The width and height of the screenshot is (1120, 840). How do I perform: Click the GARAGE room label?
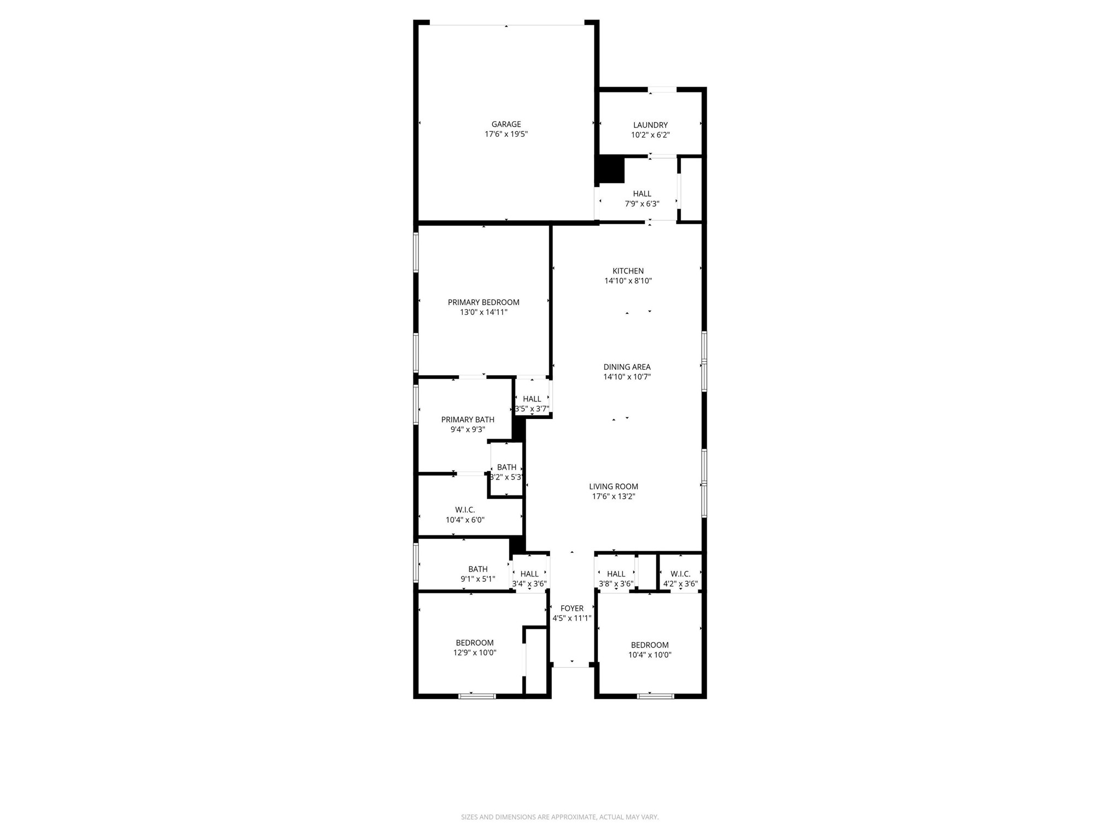point(506,124)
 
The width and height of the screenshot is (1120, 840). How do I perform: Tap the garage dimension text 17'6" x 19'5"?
point(506,134)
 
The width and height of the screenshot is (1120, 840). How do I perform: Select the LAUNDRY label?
point(650,125)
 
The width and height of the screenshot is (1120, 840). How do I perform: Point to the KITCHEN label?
point(628,271)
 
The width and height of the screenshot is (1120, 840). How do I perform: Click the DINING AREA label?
point(627,367)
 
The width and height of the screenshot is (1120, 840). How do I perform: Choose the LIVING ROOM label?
point(614,486)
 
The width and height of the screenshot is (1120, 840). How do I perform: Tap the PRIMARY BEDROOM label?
point(483,302)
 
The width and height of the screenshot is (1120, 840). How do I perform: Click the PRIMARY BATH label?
point(468,419)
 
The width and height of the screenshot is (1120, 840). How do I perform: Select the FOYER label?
point(572,608)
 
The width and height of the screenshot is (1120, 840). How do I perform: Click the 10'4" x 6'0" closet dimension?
point(465,520)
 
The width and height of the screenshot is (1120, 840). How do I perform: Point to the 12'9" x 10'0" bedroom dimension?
point(475,652)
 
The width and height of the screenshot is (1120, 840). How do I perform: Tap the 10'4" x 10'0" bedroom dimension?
point(650,655)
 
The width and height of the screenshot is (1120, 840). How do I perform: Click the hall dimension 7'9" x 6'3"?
point(642,204)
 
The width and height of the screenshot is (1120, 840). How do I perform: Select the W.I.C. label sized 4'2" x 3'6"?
point(680,574)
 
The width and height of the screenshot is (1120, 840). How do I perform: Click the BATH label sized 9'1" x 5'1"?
point(477,569)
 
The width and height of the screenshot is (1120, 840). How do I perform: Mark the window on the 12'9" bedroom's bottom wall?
point(477,696)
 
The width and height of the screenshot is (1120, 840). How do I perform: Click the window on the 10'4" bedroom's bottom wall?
point(655,696)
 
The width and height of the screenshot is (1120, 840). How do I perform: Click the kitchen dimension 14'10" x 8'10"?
point(628,281)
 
